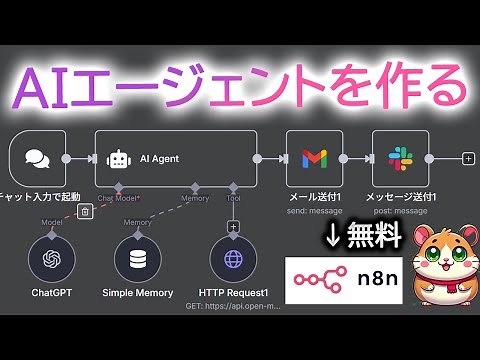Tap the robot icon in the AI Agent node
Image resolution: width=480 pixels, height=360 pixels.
(x=119, y=158)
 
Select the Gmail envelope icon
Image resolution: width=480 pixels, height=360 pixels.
(x=314, y=158)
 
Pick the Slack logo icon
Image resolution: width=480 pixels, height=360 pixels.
(x=400, y=158)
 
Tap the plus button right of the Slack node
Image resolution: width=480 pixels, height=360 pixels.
(x=468, y=158)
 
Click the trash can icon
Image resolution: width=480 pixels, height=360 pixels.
(x=86, y=210)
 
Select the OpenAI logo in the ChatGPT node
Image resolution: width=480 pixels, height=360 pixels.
(x=52, y=259)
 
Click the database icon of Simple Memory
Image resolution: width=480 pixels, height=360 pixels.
(x=137, y=259)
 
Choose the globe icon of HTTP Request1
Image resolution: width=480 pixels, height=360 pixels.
(x=233, y=259)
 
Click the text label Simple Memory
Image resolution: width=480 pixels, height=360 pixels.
(x=137, y=293)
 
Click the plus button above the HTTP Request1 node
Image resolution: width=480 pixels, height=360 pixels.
(x=233, y=225)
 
